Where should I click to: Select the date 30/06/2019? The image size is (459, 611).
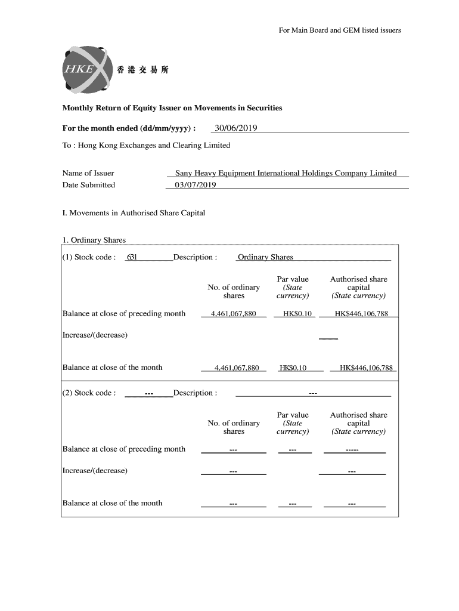tap(236, 128)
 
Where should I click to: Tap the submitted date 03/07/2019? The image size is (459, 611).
tap(195, 185)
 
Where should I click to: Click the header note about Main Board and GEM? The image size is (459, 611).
tap(340, 30)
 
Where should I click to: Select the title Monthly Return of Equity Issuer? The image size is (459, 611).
tap(172, 108)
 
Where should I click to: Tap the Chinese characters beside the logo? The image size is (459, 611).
tap(143, 70)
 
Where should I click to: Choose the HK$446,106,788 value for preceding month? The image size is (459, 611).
tap(361, 314)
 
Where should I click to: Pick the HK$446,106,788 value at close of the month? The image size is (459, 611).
tap(366, 368)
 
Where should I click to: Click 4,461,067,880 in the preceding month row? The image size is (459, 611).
tap(233, 314)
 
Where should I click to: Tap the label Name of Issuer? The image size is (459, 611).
tap(88, 173)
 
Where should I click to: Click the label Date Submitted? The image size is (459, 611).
tap(89, 185)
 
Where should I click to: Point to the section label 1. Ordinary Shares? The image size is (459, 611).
tap(94, 240)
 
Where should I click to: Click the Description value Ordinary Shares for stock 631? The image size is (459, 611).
tap(265, 257)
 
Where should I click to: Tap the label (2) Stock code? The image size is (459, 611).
tap(89, 393)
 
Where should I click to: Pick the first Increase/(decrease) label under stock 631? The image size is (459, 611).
tap(95, 335)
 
